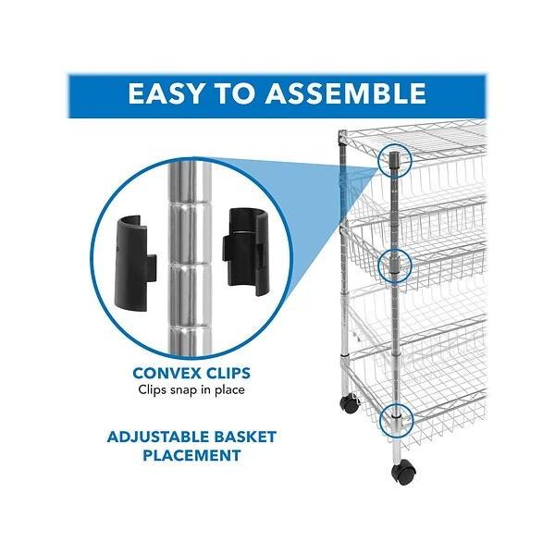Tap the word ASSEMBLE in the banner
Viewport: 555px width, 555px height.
coord(345,93)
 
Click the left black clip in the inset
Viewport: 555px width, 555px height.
coord(136,263)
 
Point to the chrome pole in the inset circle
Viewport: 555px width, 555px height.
coord(190,258)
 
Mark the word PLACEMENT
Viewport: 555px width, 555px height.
coord(191,455)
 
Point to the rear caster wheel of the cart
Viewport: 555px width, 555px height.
coord(350,404)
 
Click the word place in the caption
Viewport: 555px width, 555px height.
coord(229,390)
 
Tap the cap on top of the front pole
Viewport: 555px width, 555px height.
coord(394,159)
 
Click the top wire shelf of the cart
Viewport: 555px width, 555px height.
coord(418,140)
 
